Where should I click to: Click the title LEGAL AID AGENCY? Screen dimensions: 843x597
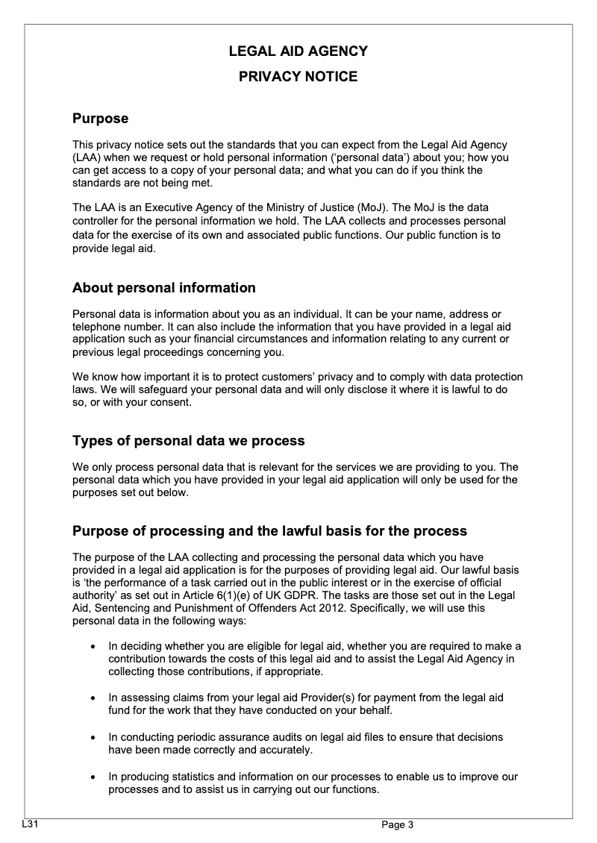pyautogui.click(x=298, y=51)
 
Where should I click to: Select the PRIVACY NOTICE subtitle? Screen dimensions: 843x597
pyautogui.click(x=298, y=76)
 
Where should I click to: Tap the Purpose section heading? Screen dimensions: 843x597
pyautogui.click(x=100, y=118)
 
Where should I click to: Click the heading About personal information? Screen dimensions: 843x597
pyautogui.click(x=163, y=287)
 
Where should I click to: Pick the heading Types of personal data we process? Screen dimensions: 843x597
pyautogui.click(x=188, y=440)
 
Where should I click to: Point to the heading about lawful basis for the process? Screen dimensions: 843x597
pyautogui.click(x=269, y=530)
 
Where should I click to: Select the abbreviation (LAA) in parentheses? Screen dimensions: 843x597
pyautogui.click(x=85, y=158)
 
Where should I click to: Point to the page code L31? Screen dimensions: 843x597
pyautogui.click(x=30, y=824)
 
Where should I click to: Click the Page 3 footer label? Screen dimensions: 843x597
pyautogui.click(x=397, y=824)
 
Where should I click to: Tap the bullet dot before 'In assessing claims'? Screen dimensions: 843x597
pyautogui.click(x=92, y=698)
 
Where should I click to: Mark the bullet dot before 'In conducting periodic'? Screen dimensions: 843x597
pyautogui.click(x=92, y=738)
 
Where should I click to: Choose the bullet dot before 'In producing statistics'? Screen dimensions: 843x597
pyautogui.click(x=92, y=777)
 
